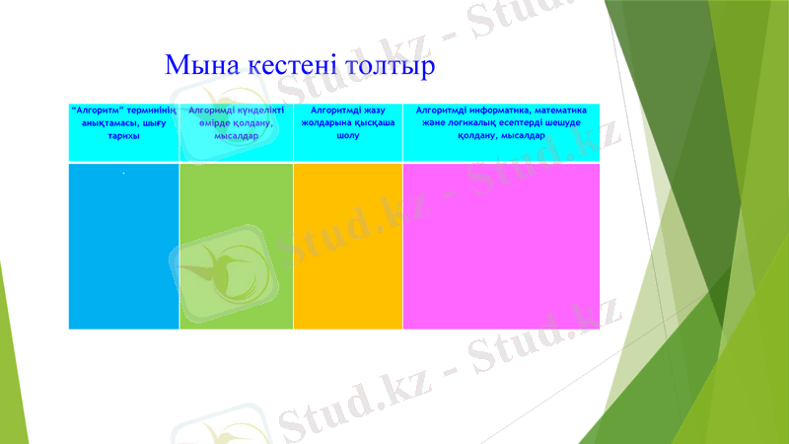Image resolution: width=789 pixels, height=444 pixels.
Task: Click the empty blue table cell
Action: point(123,246)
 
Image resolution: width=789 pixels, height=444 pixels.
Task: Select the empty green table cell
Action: point(236,246)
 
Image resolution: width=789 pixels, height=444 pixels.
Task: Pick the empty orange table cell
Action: point(348,246)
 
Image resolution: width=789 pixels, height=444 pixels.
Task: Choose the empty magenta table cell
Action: point(501,246)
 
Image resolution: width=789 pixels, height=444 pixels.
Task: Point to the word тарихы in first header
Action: point(123,137)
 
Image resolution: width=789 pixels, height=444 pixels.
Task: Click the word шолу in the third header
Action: point(347,137)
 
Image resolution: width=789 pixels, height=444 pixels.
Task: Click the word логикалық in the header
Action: point(467,124)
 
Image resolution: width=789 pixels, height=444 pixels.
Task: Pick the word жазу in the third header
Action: point(373,111)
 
